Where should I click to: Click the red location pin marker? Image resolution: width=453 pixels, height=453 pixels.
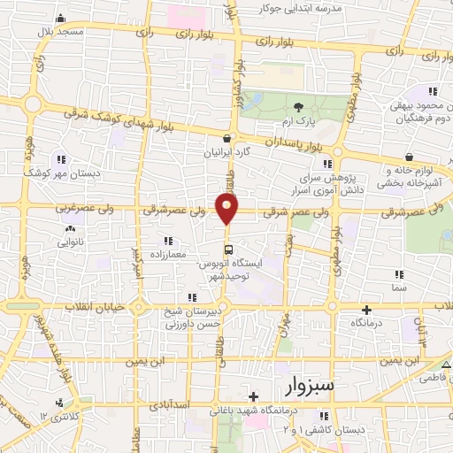227,210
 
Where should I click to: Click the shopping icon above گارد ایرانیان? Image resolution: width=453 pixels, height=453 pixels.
228,138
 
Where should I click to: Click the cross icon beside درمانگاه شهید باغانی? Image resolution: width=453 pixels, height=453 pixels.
254,397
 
